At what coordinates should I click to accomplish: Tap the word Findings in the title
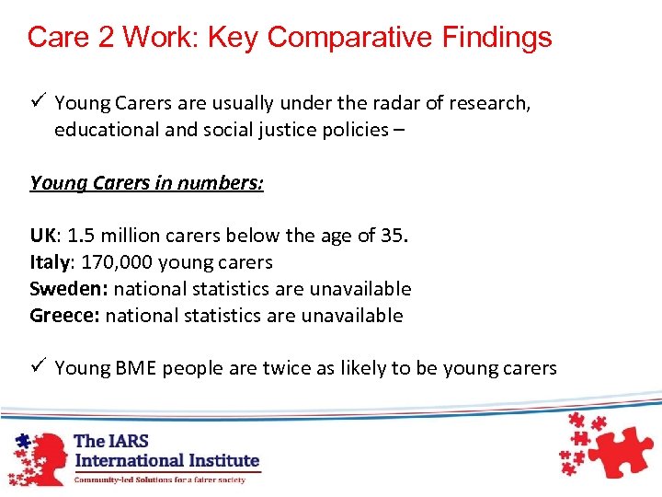point(499,37)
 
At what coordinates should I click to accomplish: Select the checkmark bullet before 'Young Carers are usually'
point(37,103)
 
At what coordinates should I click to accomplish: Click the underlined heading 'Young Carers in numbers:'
point(146,183)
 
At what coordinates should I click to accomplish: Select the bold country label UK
point(43,236)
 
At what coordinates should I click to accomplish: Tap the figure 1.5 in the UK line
point(82,236)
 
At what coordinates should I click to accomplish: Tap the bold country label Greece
point(64,316)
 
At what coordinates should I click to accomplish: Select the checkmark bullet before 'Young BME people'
point(37,368)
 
